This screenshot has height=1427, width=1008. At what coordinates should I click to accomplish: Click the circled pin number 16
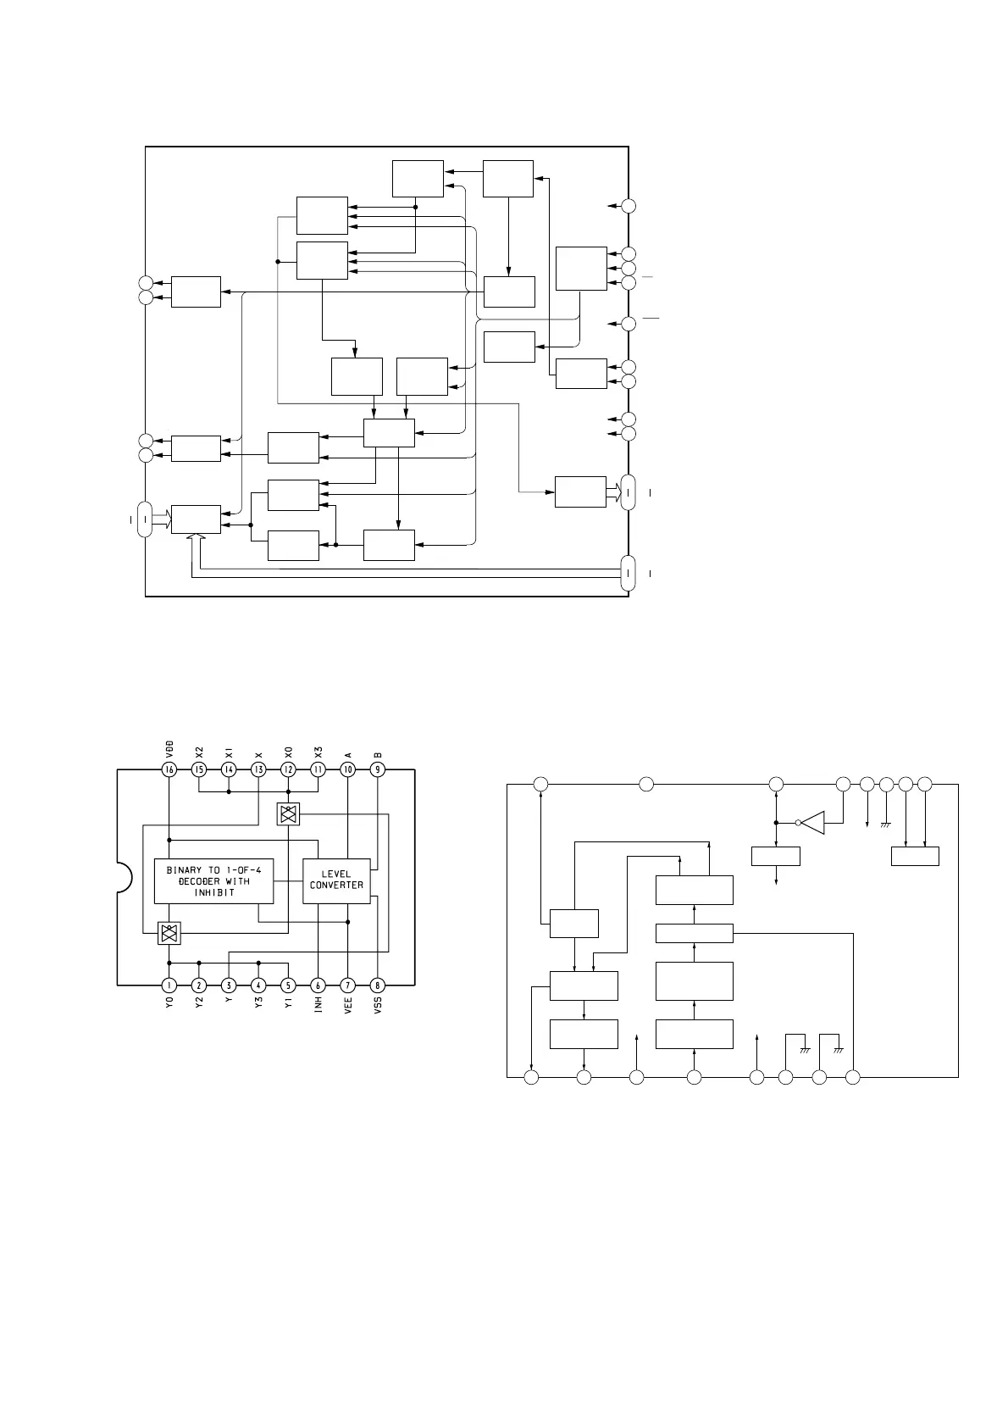pos(169,769)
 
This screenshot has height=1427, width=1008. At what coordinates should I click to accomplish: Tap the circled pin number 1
pos(169,986)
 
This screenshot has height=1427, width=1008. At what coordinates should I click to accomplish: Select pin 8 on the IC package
pos(377,986)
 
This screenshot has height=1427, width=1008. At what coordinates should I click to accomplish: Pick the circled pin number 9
pos(377,769)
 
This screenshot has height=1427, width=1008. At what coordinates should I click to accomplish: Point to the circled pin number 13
pos(258,769)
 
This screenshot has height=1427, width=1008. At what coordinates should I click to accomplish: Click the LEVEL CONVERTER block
pos(336,880)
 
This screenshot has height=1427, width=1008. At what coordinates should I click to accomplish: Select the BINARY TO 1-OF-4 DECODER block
pos(214,880)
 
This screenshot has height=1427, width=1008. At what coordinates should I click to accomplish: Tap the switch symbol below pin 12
pos(288,814)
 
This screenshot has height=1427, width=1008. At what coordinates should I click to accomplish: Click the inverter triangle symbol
pos(813,822)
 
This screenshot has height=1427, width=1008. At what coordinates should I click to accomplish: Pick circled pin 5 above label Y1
pos(288,986)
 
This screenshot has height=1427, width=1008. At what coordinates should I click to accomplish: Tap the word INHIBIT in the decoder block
pos(214,892)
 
